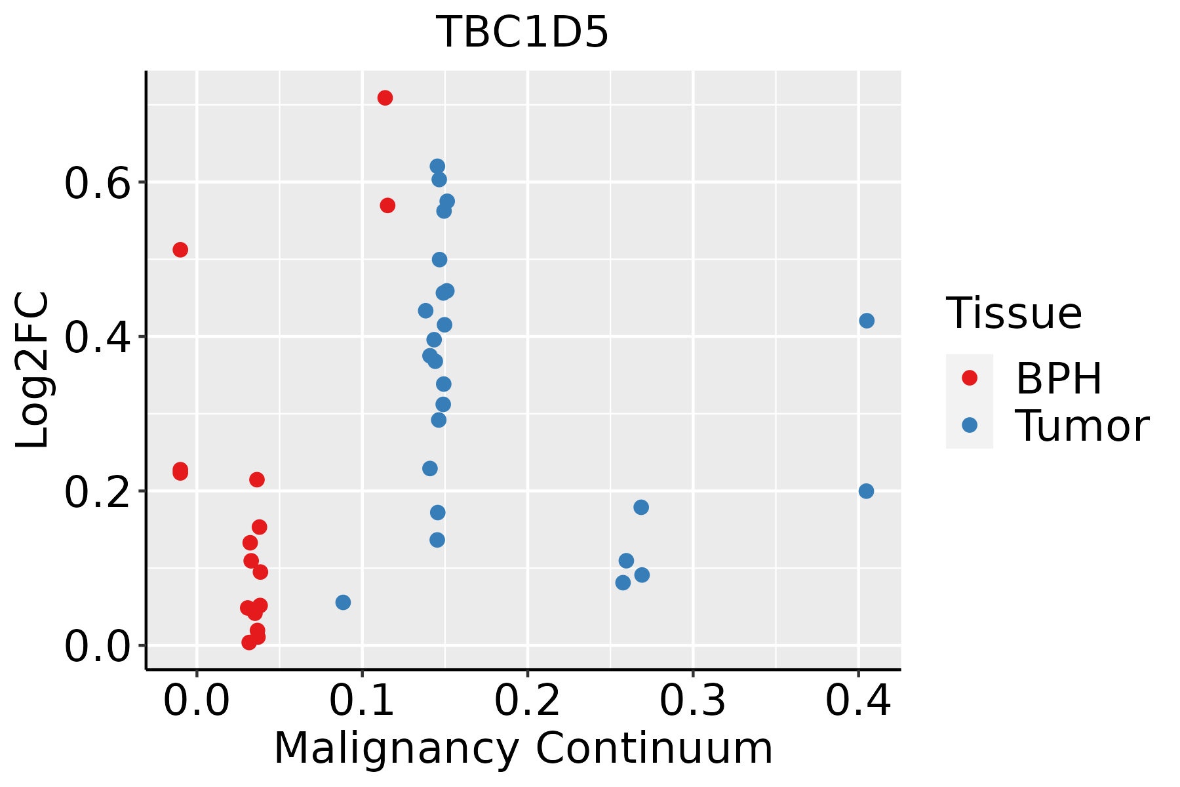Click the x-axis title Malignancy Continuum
pos(522,748)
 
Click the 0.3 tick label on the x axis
pos(692,700)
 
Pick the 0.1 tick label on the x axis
pos(362,700)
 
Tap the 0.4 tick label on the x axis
pos(857,700)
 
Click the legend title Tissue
pos(1013,313)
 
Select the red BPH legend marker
pos(969,378)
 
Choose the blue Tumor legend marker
pos(969,425)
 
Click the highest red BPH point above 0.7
pos(385,98)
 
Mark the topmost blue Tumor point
pos(437,167)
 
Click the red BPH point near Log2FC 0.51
pos(180,250)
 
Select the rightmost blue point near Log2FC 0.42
pos(867,321)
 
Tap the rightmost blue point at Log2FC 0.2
pos(866,491)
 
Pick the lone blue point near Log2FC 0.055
pos(343,602)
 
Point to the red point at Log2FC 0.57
pos(387,206)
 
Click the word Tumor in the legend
pos(1082,426)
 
